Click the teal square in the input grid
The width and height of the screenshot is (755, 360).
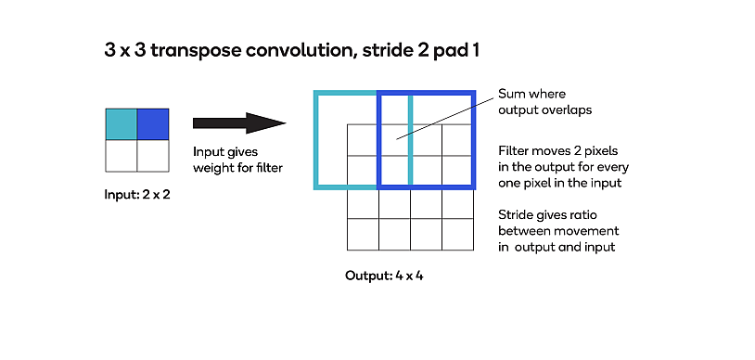(x=122, y=124)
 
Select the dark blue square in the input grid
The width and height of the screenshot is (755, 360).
(x=153, y=124)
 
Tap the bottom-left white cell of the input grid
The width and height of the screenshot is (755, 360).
(x=122, y=156)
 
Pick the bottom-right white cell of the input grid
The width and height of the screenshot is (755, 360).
(x=153, y=156)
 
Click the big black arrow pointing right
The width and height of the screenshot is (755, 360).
(x=239, y=122)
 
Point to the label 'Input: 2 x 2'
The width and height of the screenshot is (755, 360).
(x=137, y=196)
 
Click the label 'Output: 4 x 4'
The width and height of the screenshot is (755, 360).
(x=384, y=276)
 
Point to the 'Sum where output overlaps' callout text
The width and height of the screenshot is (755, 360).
(x=544, y=102)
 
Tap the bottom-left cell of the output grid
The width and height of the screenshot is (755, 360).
(x=363, y=234)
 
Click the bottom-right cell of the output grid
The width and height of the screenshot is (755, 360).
(x=457, y=234)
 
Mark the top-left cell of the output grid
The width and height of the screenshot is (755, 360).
(x=363, y=140)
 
